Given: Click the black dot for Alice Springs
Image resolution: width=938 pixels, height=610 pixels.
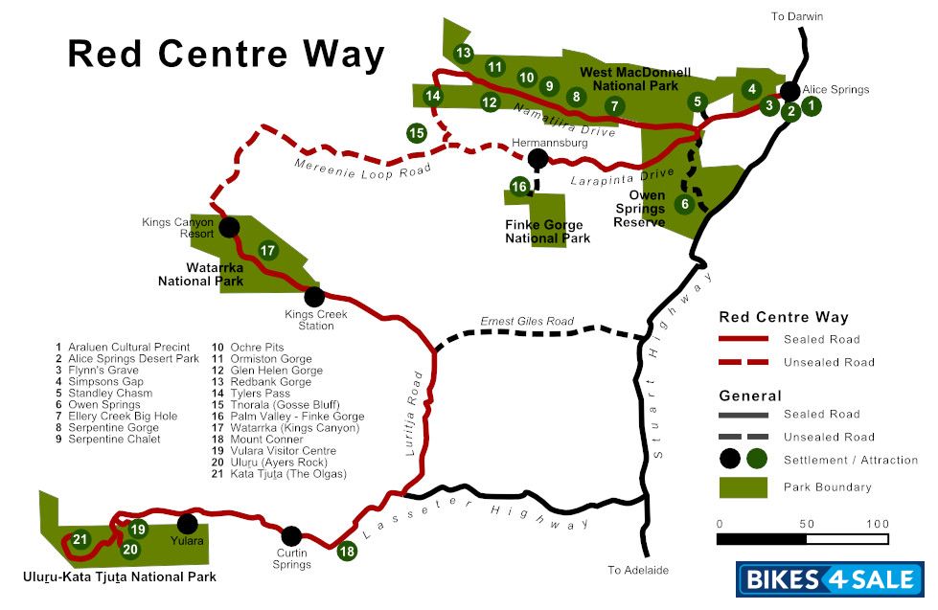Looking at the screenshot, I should [789, 91].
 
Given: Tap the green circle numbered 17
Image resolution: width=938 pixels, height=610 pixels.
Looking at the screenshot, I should [267, 251].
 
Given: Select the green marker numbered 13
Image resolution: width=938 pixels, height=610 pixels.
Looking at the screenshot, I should [464, 53].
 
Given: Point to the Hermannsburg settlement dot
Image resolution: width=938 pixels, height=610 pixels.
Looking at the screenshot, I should [538, 158].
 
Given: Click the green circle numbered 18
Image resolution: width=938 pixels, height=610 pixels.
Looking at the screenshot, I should [347, 551].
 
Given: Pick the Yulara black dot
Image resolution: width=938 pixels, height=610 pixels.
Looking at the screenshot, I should [187, 524].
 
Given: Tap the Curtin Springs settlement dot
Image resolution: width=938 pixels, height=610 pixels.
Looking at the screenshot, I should [291, 536].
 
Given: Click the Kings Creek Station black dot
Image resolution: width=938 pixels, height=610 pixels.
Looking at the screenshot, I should [313, 296].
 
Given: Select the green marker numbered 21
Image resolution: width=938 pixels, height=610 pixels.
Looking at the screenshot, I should [80, 539].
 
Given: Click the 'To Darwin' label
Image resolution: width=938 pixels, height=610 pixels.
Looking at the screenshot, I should [797, 16].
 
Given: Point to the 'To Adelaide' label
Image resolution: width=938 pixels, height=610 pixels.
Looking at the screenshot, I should [637, 570].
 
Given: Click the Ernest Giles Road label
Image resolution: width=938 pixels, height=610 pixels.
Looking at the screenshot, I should [526, 322].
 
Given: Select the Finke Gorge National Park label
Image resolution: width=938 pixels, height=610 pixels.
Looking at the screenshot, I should [547, 232].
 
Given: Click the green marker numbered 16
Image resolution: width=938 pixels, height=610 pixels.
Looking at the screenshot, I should [518, 187].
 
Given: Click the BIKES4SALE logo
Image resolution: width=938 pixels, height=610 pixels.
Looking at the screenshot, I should [829, 579].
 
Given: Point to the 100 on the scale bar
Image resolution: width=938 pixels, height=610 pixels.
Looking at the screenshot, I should [878, 524].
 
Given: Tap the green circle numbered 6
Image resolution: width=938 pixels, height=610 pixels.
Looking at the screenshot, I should [684, 204].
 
